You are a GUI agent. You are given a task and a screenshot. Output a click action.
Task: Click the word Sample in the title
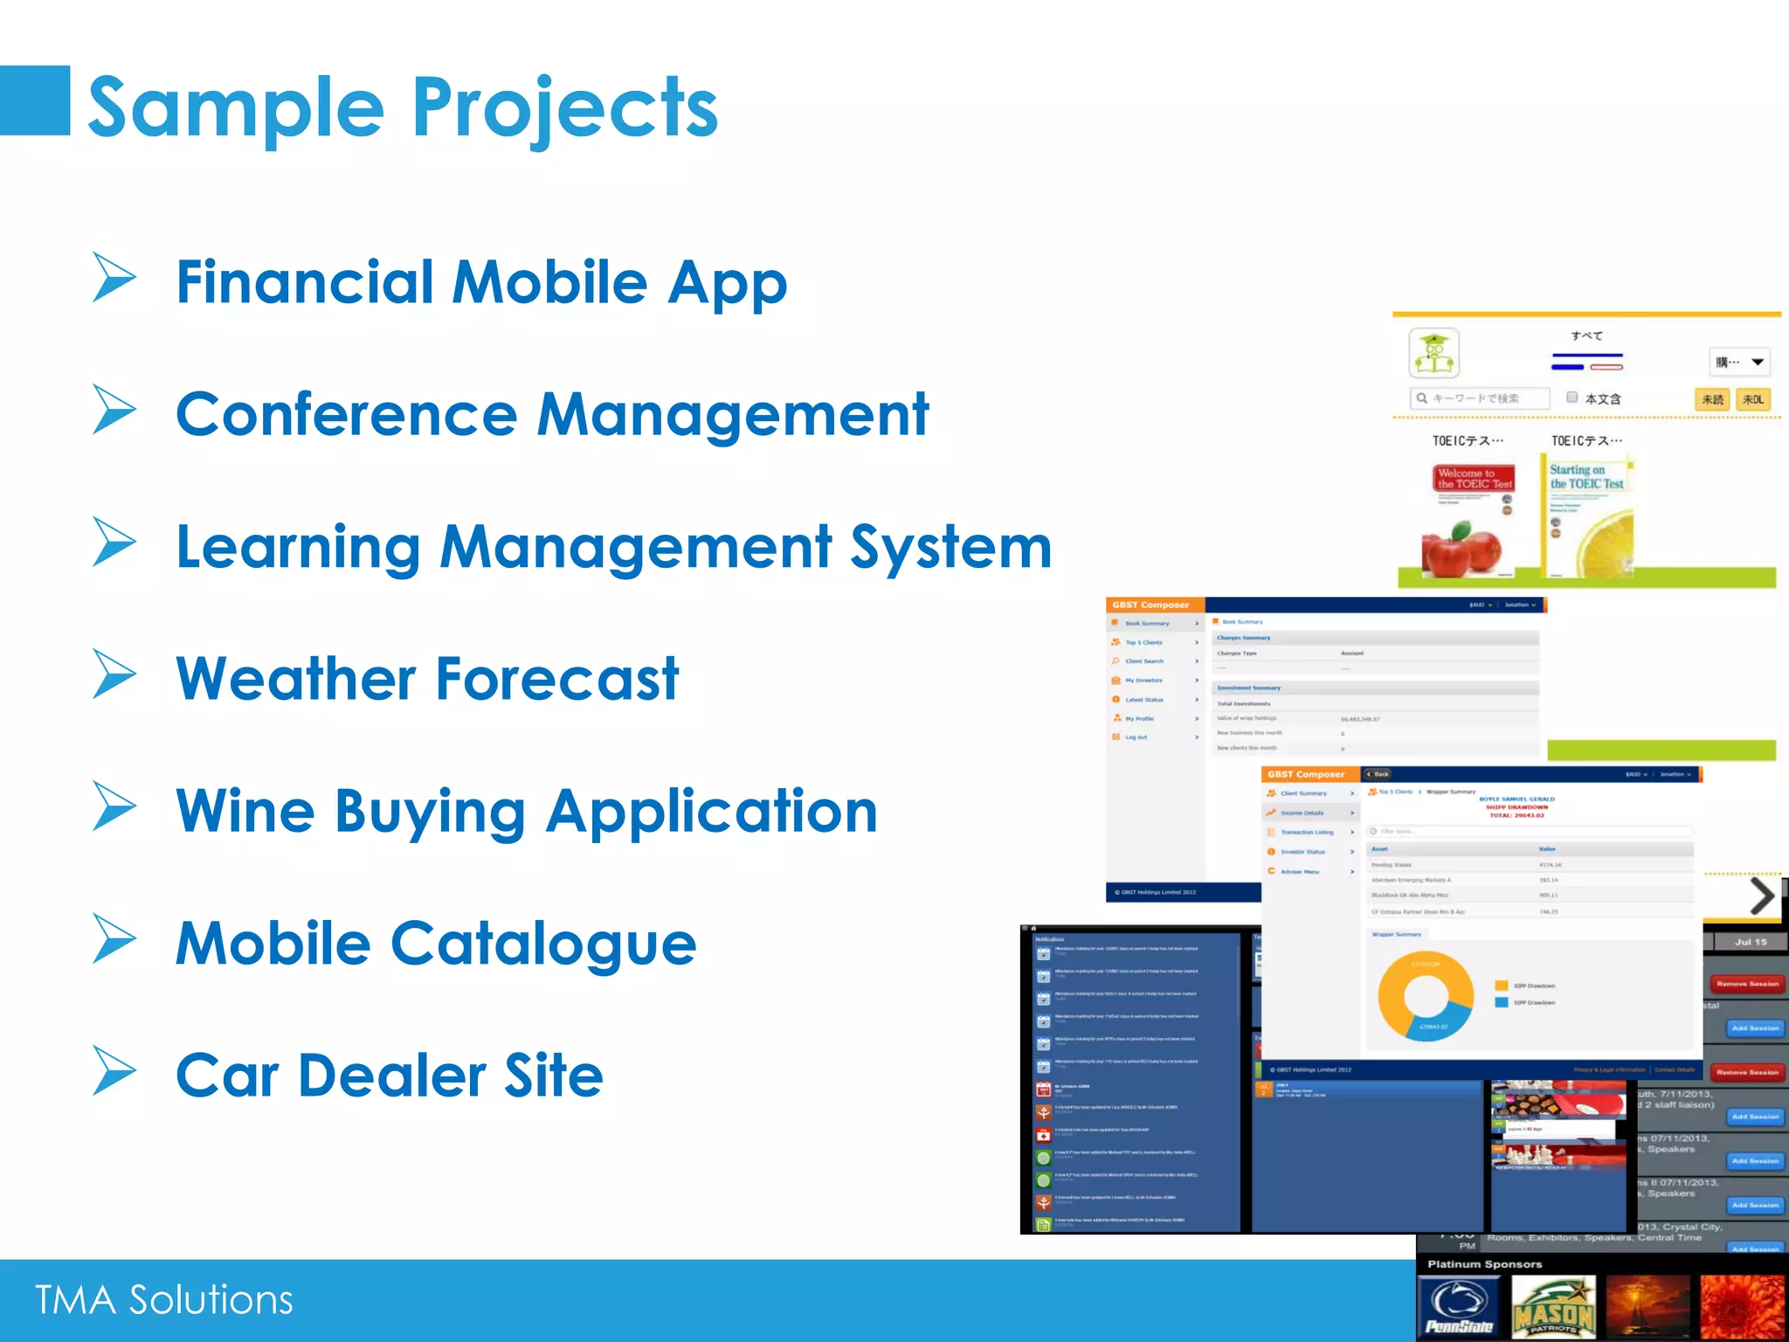tap(236, 108)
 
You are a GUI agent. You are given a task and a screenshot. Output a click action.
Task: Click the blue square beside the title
tap(35, 100)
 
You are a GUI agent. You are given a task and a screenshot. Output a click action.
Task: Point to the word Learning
tap(298, 548)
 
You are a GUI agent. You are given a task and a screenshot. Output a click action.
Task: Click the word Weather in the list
tap(296, 679)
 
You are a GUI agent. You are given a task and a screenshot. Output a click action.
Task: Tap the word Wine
tap(245, 811)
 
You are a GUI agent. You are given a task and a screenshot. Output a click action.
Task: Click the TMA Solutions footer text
tap(164, 1300)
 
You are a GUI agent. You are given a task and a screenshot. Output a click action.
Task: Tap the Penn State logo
tap(1458, 1307)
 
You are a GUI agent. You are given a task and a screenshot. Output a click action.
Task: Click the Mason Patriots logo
tap(1553, 1308)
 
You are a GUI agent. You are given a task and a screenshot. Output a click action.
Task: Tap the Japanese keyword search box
tap(1480, 398)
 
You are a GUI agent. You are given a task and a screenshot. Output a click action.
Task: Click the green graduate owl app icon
tap(1433, 353)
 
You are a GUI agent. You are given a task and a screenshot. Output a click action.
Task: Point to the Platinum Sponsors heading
tap(1484, 1264)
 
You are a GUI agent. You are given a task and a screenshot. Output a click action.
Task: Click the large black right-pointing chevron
tap(1762, 896)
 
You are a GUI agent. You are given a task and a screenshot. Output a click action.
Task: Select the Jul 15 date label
tap(1750, 942)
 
